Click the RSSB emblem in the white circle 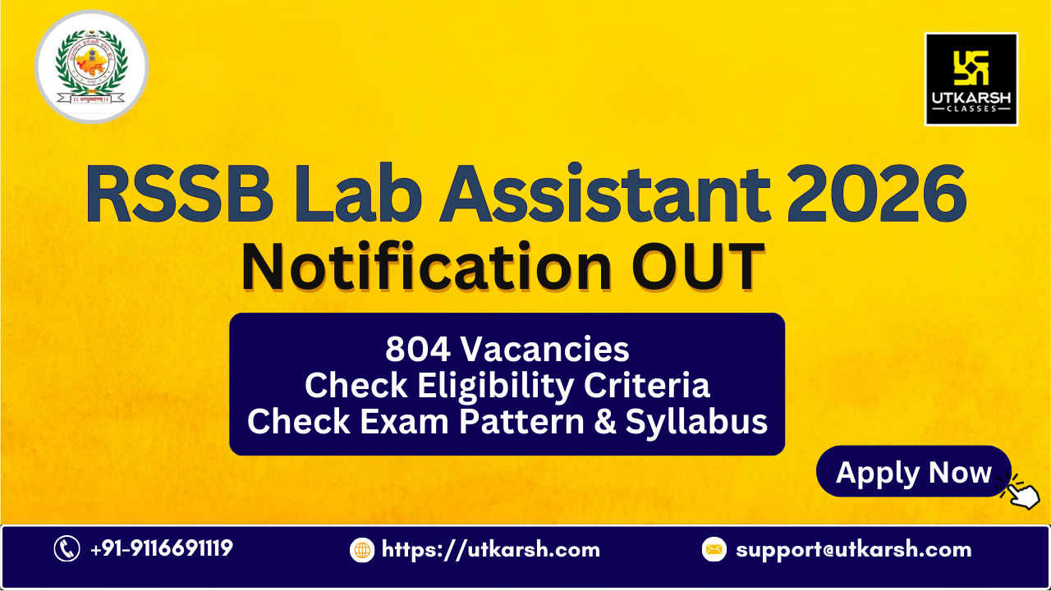tap(91, 67)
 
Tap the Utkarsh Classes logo tap(971, 79)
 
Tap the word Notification tap(427, 267)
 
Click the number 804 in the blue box tap(418, 350)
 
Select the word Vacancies tap(544, 350)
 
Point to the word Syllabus tap(696, 421)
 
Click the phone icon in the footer tap(67, 548)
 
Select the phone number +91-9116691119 tap(161, 548)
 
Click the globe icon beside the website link tap(362, 549)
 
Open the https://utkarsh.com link tap(491, 549)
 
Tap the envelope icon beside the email tap(714, 549)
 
